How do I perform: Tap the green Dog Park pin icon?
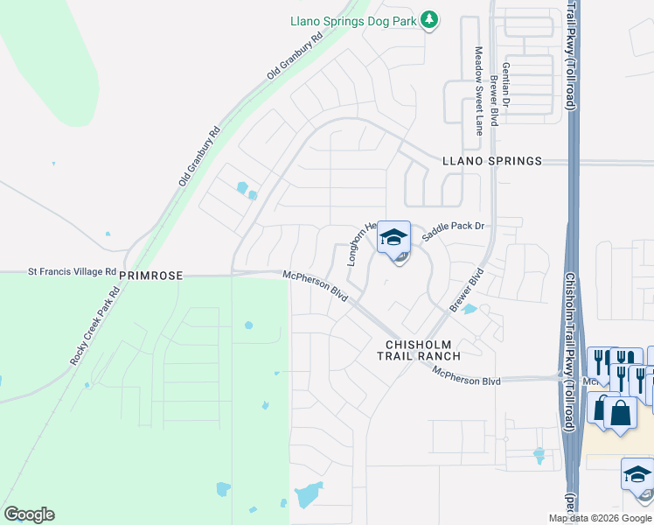coord(428,19)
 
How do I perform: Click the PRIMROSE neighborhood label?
coord(151,275)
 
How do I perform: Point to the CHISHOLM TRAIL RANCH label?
coord(418,350)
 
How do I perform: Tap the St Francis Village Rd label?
coord(73,271)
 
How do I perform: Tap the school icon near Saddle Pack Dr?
coord(393,237)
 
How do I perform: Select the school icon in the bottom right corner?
coord(637,475)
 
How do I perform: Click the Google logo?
coord(29,514)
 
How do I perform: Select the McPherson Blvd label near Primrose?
coord(316,286)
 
